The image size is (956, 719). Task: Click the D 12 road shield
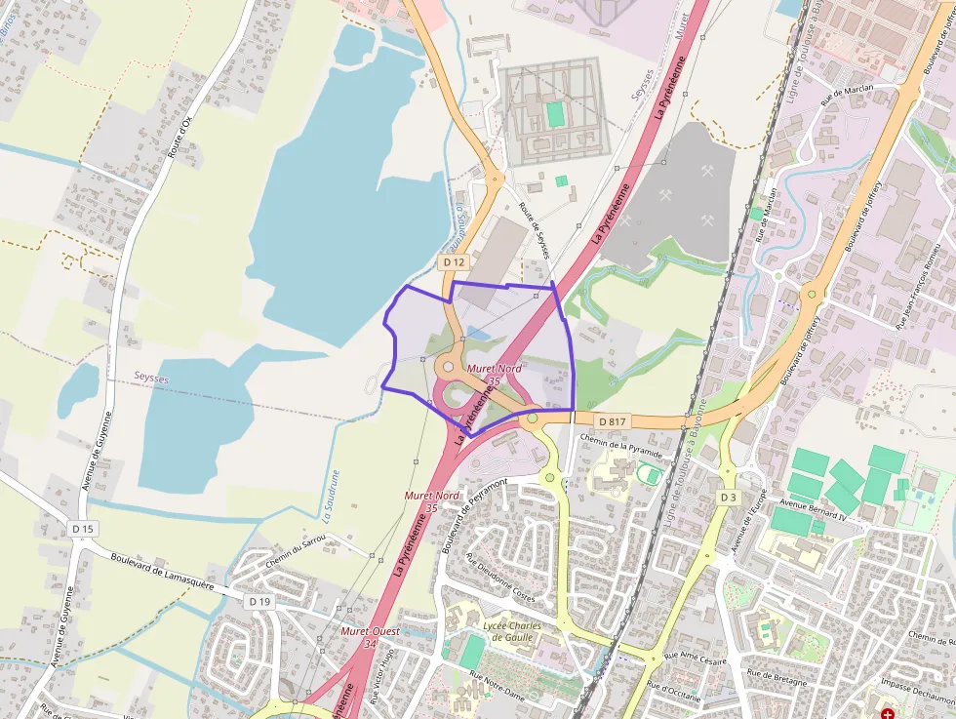tap(454, 262)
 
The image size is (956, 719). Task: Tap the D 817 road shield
tap(612, 420)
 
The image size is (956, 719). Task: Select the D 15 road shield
tap(83, 528)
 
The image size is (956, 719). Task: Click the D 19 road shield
tap(259, 602)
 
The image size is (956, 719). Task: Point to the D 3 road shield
tap(728, 498)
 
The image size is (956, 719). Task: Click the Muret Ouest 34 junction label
tap(357, 637)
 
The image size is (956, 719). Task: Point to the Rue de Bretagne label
tap(777, 673)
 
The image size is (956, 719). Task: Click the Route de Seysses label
tap(534, 230)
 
